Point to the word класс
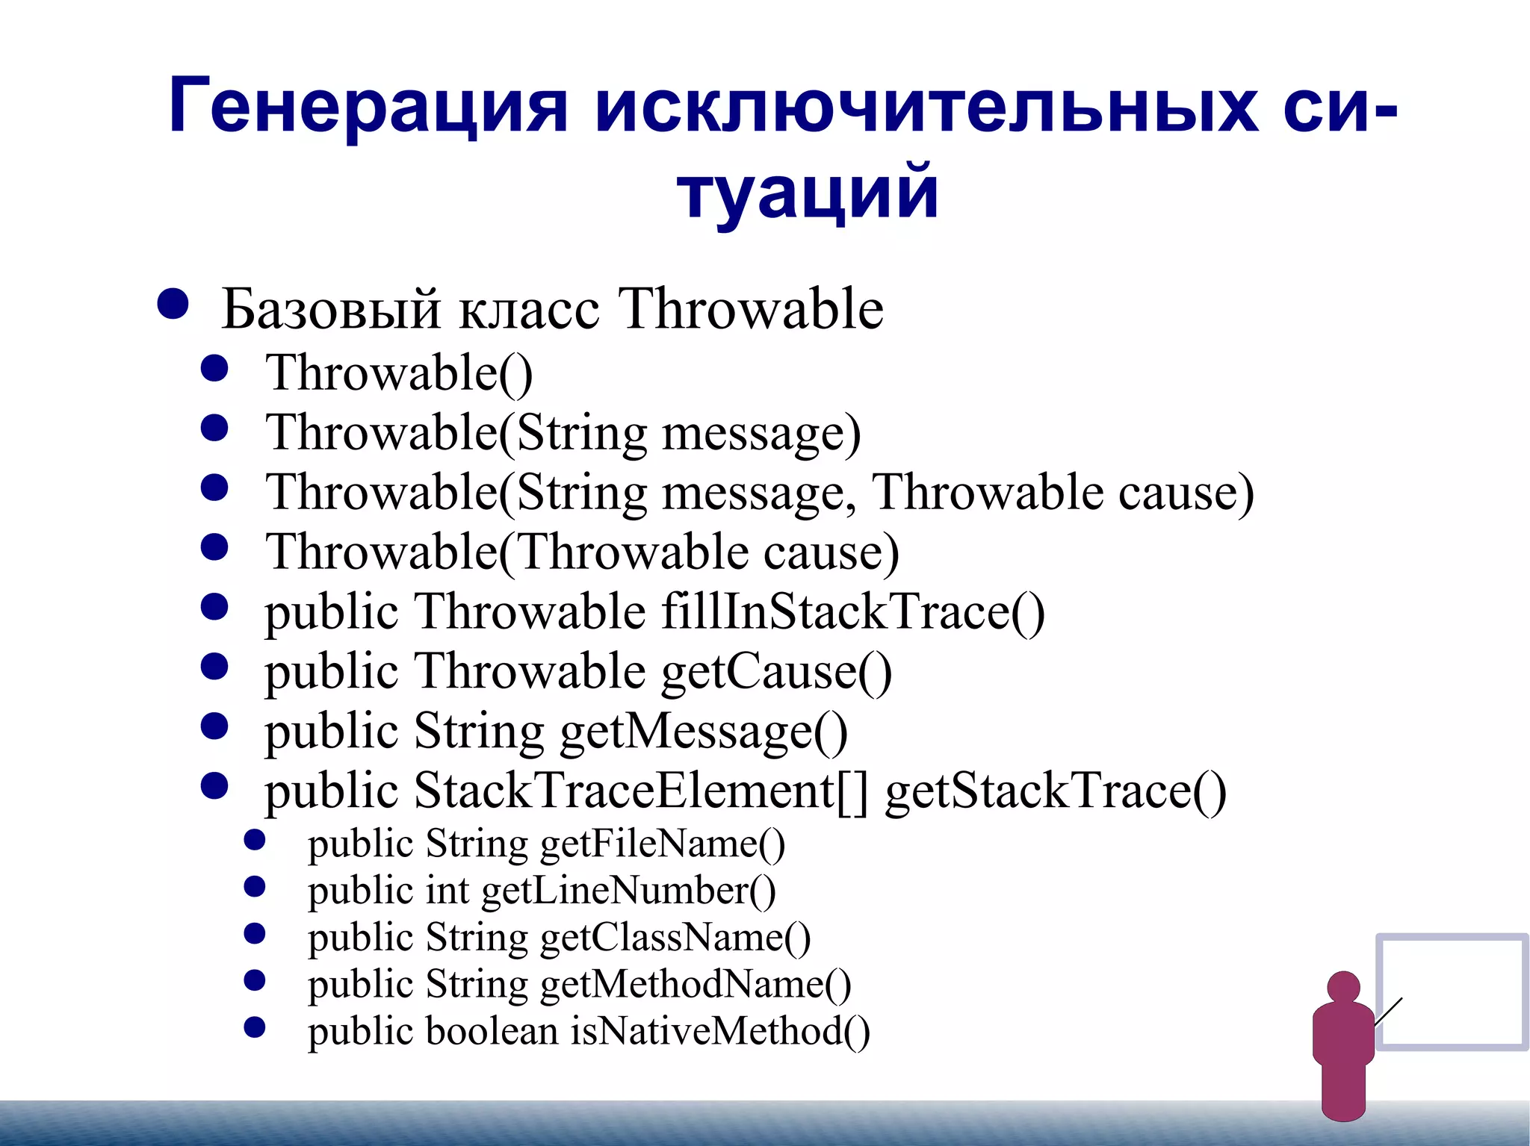[x=529, y=309]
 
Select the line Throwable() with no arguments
[x=399, y=373]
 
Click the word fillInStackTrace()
[x=852, y=612]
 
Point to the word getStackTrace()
[x=1055, y=791]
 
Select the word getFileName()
[x=662, y=844]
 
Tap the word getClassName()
[x=675, y=938]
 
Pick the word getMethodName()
[x=695, y=984]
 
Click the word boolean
[x=492, y=1031]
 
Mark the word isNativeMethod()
[x=720, y=1031]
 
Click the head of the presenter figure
[x=1343, y=988]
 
